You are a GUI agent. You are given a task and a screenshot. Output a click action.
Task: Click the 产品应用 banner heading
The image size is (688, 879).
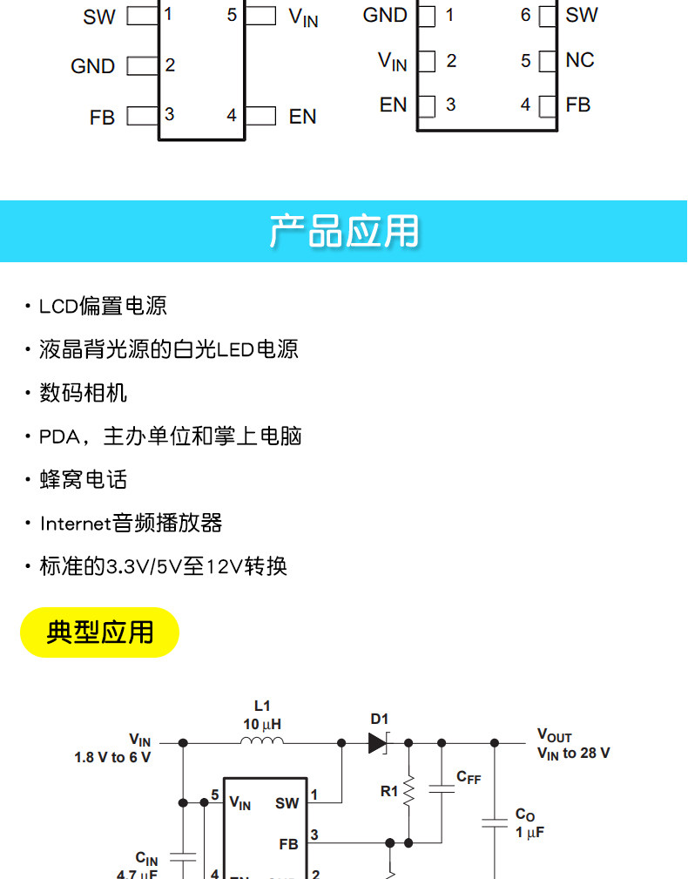[344, 232]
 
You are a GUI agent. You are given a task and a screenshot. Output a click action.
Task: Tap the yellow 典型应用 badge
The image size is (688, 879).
[99, 632]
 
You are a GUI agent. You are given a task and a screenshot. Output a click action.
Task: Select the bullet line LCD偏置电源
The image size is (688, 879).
[103, 306]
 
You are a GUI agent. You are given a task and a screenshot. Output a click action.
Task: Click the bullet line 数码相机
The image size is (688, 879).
[83, 393]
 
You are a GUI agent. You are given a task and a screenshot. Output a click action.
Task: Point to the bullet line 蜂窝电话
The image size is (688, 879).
[83, 480]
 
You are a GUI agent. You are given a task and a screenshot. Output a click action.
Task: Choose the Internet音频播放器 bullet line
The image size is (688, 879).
[131, 524]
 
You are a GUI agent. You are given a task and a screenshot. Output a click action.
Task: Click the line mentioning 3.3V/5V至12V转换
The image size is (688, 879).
[163, 567]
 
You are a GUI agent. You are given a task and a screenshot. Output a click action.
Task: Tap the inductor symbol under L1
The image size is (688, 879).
[262, 742]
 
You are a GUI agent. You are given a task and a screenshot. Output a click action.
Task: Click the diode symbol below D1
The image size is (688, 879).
[378, 743]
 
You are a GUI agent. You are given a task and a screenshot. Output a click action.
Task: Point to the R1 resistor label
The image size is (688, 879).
[389, 792]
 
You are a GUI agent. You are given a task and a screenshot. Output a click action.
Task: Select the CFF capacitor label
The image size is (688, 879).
[469, 778]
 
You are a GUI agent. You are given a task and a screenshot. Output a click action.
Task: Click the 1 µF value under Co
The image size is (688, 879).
[529, 833]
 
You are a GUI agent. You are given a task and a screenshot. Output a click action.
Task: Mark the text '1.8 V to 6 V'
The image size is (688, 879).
[112, 758]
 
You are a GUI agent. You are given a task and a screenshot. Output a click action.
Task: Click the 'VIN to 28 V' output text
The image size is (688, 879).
[573, 754]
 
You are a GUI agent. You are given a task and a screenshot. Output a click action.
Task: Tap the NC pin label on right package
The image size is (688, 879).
[580, 60]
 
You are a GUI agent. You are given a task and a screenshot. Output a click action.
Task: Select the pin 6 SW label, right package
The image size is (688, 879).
[582, 15]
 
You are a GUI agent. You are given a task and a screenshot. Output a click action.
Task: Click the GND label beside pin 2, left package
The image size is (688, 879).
[92, 66]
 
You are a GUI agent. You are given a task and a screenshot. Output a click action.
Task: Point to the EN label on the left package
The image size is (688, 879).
[302, 116]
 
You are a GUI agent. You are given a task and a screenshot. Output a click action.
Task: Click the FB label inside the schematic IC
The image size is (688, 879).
[288, 844]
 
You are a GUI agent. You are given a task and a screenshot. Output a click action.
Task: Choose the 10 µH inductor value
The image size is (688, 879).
[262, 724]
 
